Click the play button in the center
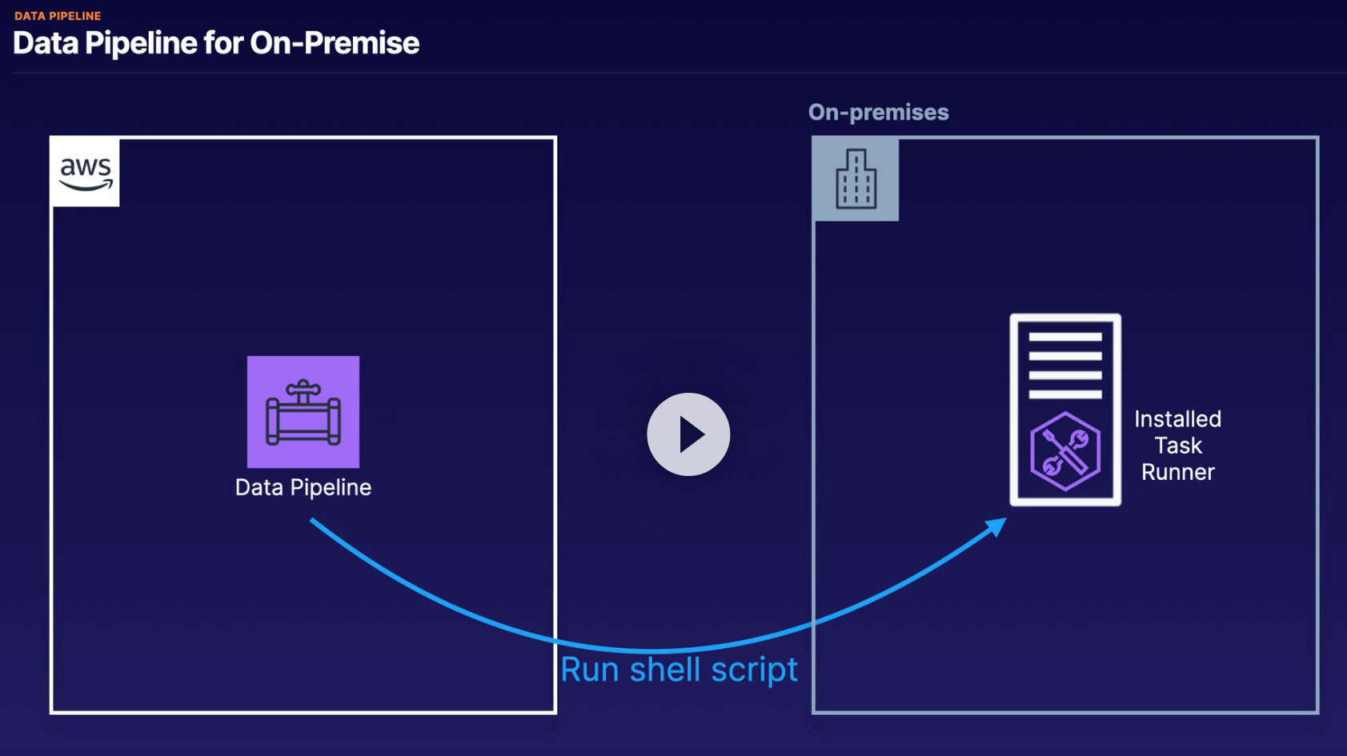pyautogui.click(x=688, y=434)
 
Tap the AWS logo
pyautogui.click(x=86, y=173)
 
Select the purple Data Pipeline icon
pyautogui.click(x=303, y=412)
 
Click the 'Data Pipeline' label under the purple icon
pyautogui.click(x=303, y=487)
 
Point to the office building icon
pyautogui.click(x=856, y=179)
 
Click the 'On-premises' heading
pyautogui.click(x=879, y=112)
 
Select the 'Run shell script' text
pyautogui.click(x=679, y=670)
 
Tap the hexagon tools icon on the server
pyautogui.click(x=1065, y=451)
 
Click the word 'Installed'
pyautogui.click(x=1177, y=419)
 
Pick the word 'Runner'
pyautogui.click(x=1178, y=472)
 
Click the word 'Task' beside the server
pyautogui.click(x=1178, y=446)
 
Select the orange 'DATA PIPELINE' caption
pyautogui.click(x=58, y=16)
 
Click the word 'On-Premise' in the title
pyautogui.click(x=335, y=43)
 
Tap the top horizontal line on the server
pyautogui.click(x=1065, y=337)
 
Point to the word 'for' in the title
pyautogui.click(x=223, y=43)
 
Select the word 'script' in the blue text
pyautogui.click(x=755, y=670)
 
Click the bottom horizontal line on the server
pyautogui.click(x=1065, y=394)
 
